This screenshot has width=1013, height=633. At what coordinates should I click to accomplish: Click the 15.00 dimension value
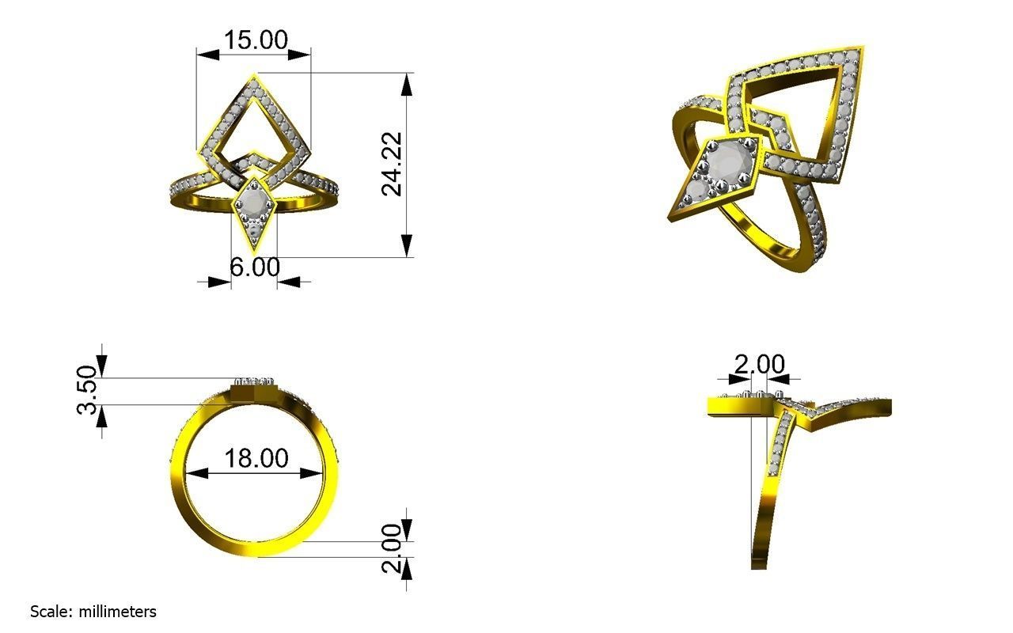(x=255, y=40)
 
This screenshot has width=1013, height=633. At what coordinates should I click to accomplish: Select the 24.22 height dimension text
(x=393, y=164)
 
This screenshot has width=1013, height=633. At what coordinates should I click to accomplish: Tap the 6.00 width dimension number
(x=255, y=267)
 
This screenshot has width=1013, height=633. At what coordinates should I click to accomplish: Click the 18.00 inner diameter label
(x=256, y=458)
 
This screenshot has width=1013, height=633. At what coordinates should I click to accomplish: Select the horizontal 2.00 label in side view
(x=759, y=365)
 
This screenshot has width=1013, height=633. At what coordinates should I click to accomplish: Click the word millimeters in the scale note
(x=117, y=612)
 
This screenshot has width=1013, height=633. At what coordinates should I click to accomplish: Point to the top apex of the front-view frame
(x=254, y=75)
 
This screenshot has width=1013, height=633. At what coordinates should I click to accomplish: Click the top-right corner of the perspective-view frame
(x=862, y=49)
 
